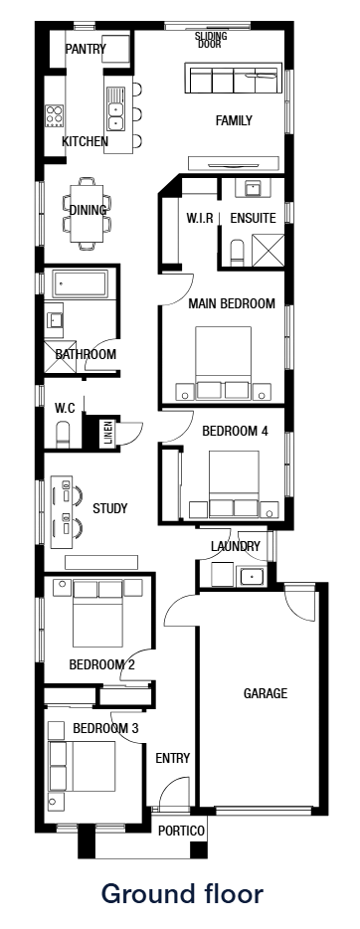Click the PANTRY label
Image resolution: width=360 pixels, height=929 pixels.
(x=85, y=49)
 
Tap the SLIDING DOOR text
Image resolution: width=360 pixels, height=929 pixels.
(x=210, y=39)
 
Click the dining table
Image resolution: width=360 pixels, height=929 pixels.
(x=87, y=211)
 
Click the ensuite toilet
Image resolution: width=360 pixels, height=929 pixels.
(x=238, y=253)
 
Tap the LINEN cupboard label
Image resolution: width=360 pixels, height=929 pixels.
(x=108, y=435)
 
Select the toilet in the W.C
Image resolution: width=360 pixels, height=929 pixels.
(x=63, y=433)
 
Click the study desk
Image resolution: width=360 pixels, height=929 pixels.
(x=58, y=508)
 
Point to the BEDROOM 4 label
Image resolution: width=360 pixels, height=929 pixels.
(x=235, y=432)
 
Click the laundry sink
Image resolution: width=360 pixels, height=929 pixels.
(x=251, y=576)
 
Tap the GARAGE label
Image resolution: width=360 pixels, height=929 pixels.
(x=266, y=693)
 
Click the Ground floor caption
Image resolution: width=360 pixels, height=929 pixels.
(x=182, y=893)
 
